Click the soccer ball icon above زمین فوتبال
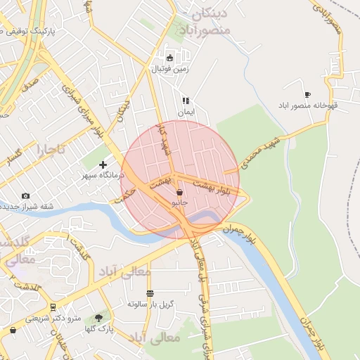[169, 58]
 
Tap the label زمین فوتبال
[169, 69]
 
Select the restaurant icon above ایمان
[186, 101]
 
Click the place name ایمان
[185, 112]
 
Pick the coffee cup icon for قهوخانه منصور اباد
[307, 94]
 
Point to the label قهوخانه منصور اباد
[314, 105]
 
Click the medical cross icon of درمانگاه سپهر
[103, 164]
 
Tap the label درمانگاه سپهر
[103, 174]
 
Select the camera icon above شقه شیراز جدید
[26, 195]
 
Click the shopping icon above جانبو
[180, 192]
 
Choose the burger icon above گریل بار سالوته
[149, 293]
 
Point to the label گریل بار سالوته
[150, 304]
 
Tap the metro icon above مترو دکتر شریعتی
[53, 307]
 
